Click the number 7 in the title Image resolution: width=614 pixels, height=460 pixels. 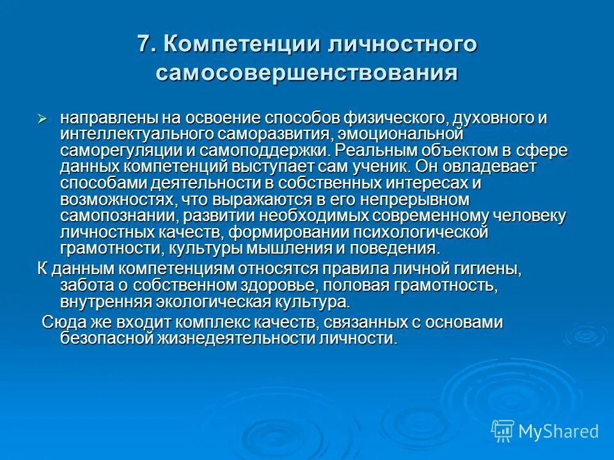click(145, 45)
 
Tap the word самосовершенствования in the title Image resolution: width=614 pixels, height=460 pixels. click(307, 72)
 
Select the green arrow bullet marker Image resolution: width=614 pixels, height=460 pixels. click(43, 119)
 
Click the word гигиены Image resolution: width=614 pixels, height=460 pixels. click(486, 268)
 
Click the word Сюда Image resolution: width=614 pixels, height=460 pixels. click(61, 322)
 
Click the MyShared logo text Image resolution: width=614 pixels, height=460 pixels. click(558, 431)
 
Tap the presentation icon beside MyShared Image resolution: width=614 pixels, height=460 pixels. click(503, 431)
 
